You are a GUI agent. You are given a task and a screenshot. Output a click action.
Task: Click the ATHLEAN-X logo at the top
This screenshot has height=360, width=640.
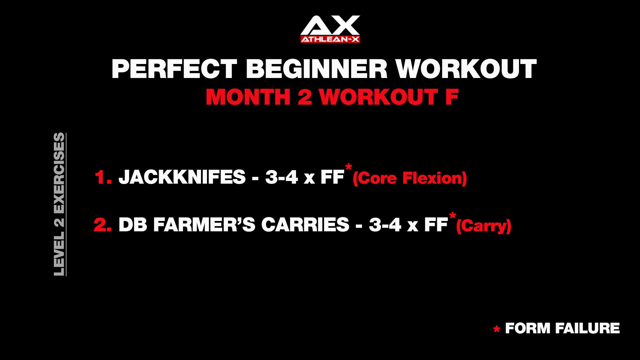[x=330, y=29]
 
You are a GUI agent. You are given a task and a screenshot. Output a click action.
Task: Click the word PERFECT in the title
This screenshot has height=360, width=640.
[x=174, y=69]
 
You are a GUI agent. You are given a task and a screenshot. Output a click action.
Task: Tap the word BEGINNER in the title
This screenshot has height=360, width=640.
[x=317, y=69]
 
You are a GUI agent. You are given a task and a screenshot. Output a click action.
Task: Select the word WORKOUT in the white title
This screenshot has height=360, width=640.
[x=466, y=69]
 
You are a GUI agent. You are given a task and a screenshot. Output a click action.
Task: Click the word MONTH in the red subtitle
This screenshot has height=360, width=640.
[x=248, y=97]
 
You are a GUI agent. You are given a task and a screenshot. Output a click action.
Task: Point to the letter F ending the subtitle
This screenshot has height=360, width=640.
[x=452, y=97]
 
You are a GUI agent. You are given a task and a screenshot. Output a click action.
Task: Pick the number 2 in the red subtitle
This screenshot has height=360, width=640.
[x=305, y=97]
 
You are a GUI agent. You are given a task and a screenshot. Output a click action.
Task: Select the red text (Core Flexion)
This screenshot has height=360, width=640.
[x=410, y=178]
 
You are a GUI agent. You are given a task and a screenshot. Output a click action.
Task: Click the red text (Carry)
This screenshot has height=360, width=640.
[x=483, y=226]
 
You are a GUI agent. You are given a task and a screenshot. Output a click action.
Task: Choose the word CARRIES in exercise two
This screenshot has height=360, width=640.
[x=305, y=225]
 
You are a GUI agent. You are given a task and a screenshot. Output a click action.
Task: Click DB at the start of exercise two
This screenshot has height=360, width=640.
[x=133, y=225]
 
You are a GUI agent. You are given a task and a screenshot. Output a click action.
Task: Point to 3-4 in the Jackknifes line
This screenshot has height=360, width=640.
[x=281, y=177]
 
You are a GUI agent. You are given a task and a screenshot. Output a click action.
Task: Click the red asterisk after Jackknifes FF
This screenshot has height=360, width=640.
[x=349, y=167]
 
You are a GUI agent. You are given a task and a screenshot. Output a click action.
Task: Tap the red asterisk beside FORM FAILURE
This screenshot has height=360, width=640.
[x=497, y=330]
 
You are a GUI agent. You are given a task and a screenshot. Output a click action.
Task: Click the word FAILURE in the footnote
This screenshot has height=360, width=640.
[x=587, y=328]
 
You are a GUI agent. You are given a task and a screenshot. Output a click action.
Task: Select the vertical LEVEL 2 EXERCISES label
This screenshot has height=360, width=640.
[x=59, y=204]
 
